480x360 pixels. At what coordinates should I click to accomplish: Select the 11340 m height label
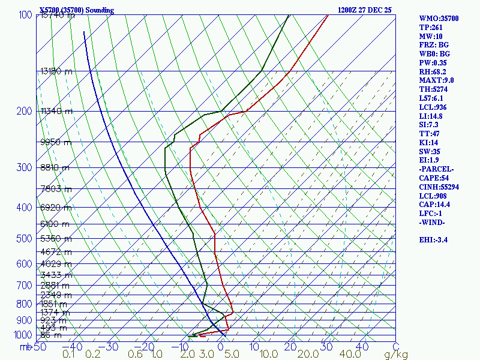click(x=56, y=111)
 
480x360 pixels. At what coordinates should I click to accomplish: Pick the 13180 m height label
click(x=56, y=71)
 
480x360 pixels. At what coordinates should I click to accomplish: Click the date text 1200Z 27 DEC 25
click(x=364, y=10)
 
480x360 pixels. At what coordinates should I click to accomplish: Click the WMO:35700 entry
click(x=439, y=19)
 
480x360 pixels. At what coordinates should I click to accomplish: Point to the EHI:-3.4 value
click(x=437, y=240)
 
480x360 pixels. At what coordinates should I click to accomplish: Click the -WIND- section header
click(x=433, y=223)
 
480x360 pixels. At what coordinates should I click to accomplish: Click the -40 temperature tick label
click(x=76, y=346)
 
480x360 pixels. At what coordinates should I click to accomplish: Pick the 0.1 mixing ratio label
click(x=69, y=355)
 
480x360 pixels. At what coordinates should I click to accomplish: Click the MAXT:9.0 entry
click(x=437, y=80)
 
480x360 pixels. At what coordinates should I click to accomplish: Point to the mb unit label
click(x=25, y=346)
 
